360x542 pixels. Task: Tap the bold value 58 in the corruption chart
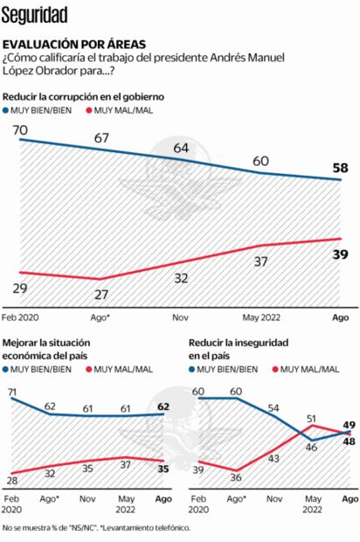pos(340,167)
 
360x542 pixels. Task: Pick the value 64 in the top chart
pos(181,148)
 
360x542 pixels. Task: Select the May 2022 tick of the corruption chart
pos(261,320)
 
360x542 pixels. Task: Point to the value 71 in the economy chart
pos(14,395)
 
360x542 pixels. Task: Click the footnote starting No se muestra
pos(95,528)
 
